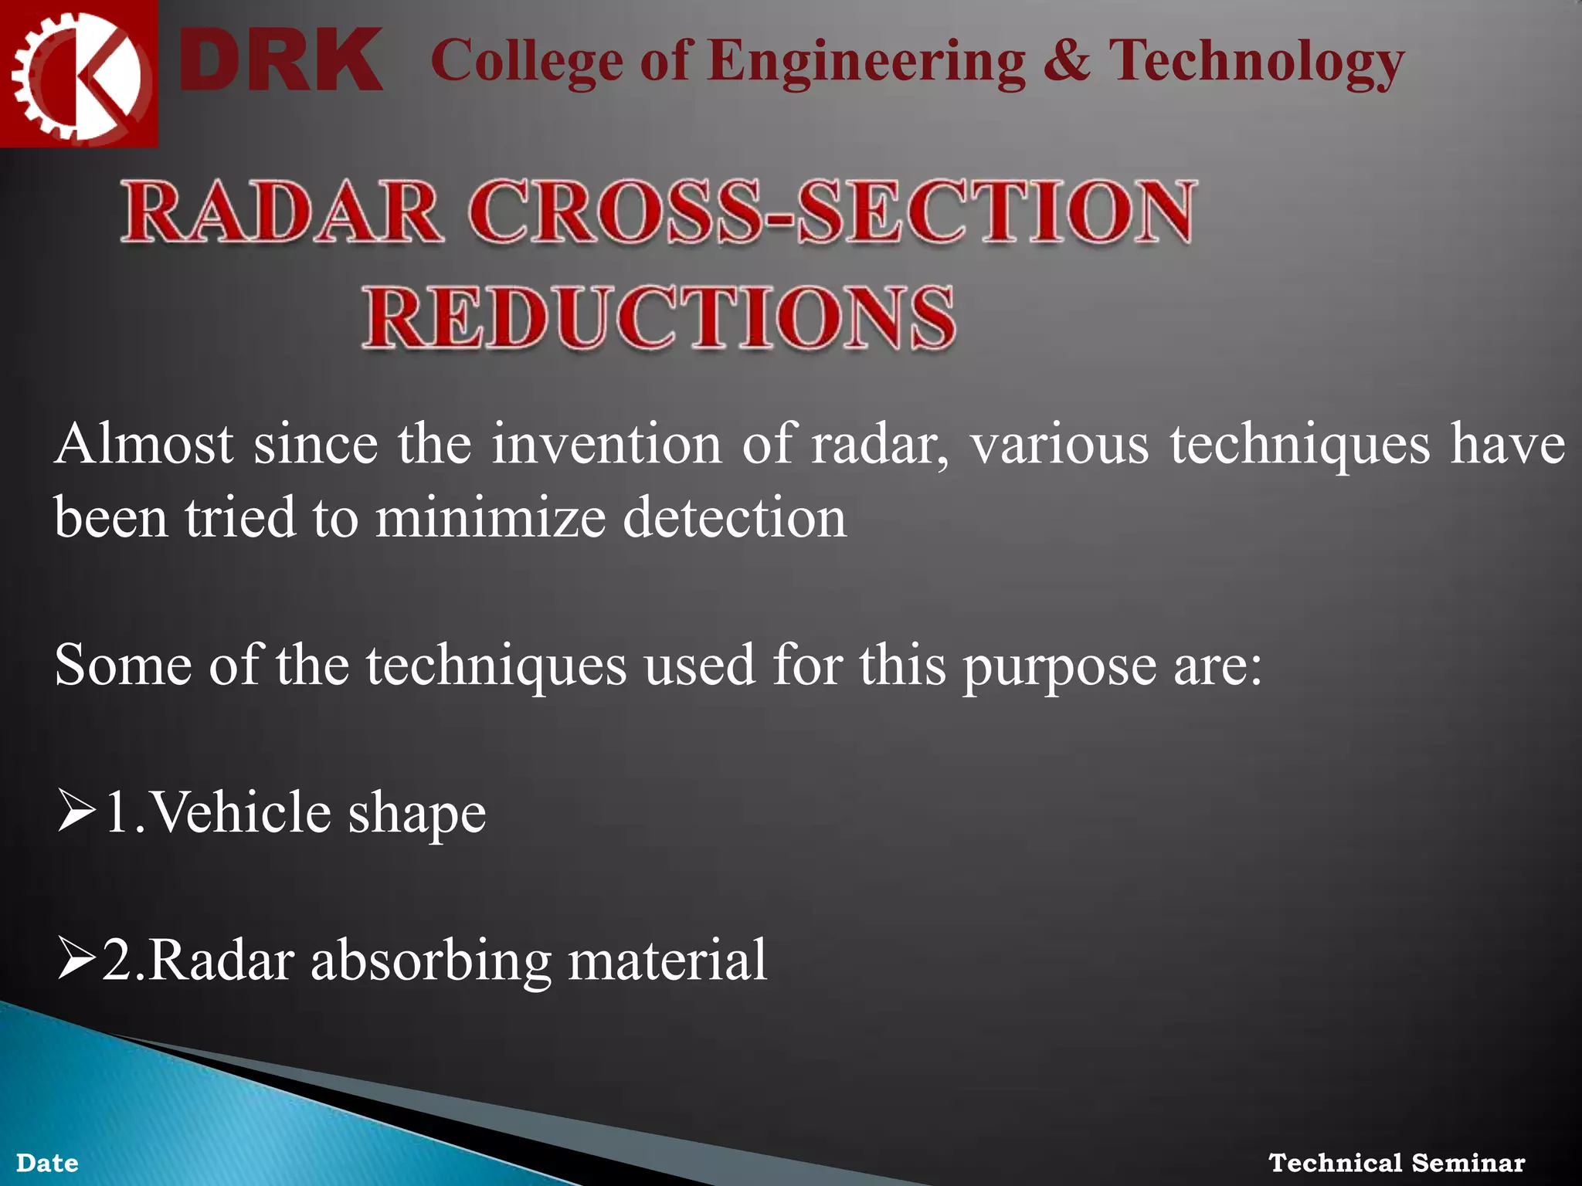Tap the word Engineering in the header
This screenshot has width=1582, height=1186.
click(866, 62)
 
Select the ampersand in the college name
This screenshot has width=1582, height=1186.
click(1067, 60)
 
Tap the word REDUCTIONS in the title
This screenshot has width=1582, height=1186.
click(659, 318)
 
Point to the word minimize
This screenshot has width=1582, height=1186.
click(491, 517)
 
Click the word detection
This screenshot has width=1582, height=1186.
click(735, 517)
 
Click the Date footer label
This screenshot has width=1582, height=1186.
click(47, 1163)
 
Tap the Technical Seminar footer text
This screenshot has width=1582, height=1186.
click(1397, 1162)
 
